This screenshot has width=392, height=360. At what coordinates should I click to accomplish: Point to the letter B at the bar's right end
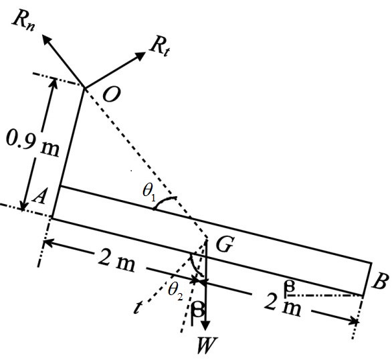tap(380, 282)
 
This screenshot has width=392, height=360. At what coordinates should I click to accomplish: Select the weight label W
tap(205, 345)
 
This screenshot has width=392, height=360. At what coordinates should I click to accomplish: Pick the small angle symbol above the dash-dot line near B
tap(289, 286)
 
